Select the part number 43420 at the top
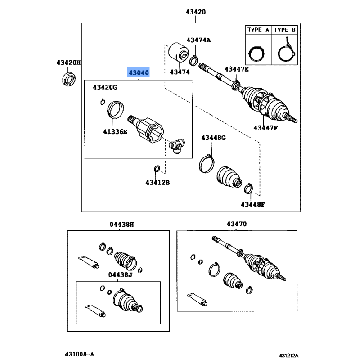pos(195,12)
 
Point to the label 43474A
pos(198,40)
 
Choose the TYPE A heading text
pos(258,30)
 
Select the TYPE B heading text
pos(285,30)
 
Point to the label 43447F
pos(265,128)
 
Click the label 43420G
pos(105,87)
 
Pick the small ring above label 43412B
pos(157,169)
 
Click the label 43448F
pos(252,204)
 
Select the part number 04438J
pos(121,274)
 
